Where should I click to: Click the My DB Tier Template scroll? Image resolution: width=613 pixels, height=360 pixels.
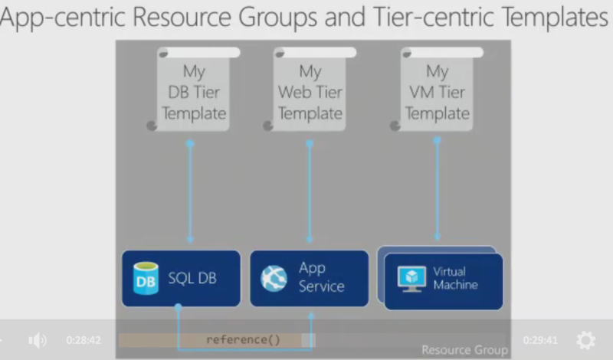tap(194, 89)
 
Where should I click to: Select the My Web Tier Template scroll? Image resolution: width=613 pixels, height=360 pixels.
tap(310, 89)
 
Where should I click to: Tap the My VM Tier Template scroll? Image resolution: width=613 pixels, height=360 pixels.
tap(437, 89)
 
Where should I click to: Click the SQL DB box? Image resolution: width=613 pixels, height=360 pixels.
tap(181, 279)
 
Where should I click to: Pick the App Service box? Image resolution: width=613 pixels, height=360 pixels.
tap(310, 279)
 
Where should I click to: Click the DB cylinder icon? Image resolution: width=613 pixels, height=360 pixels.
tap(146, 278)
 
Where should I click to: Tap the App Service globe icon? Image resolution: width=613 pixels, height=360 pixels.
tap(274, 279)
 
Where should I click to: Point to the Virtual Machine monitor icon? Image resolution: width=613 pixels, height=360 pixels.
tap(411, 279)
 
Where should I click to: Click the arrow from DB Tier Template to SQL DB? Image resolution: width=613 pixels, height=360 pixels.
tap(190, 191)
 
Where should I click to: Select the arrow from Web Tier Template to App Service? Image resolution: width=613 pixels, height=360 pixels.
tap(310, 191)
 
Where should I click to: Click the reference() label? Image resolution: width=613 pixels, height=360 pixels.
tap(243, 339)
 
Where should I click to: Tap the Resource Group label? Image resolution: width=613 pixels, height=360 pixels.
tap(464, 349)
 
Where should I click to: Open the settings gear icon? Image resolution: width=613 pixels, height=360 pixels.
tap(585, 339)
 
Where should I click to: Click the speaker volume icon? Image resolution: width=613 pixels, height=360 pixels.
tap(38, 340)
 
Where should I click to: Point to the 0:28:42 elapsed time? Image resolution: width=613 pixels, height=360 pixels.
tap(84, 340)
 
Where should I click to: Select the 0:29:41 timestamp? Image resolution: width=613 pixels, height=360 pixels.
tap(540, 340)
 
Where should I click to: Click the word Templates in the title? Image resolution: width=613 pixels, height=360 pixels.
tap(555, 17)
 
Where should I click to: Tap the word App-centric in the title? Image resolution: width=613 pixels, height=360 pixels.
tap(63, 17)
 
